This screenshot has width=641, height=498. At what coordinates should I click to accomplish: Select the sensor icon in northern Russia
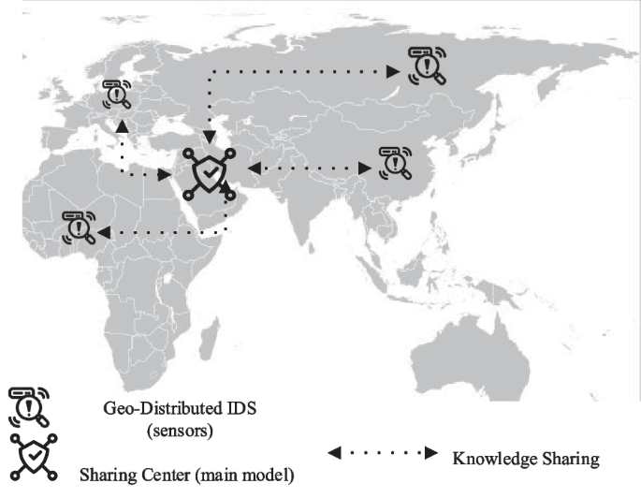(426, 65)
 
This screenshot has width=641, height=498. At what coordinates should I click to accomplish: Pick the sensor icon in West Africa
(79, 227)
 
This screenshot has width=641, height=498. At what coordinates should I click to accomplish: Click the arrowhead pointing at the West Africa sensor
(102, 231)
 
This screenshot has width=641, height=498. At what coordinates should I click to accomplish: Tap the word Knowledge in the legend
(491, 459)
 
